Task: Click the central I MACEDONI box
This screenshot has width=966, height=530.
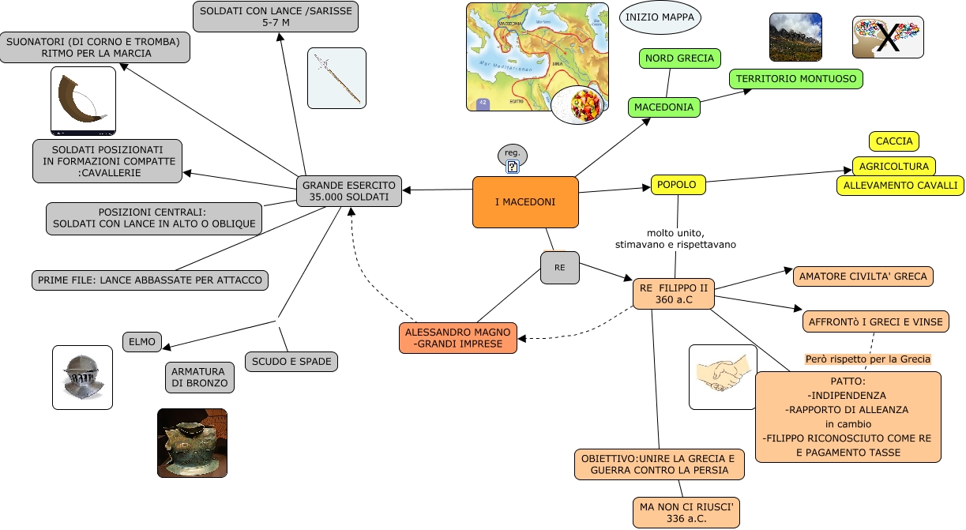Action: tap(525, 202)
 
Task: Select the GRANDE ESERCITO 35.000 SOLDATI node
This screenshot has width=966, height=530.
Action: tap(349, 190)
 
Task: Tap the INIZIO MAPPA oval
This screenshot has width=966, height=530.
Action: tap(660, 17)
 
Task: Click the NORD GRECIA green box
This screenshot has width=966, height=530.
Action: tap(678, 58)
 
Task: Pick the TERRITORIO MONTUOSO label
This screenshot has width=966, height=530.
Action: tap(796, 79)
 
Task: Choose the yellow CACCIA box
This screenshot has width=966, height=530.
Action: tap(894, 141)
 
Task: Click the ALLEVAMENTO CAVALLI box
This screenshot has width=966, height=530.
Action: tap(900, 186)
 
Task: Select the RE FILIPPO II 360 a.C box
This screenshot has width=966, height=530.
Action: tap(674, 294)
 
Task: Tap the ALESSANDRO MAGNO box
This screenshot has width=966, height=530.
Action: tap(459, 338)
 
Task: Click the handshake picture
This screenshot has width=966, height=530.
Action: tap(724, 377)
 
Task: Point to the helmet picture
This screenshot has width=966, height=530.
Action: tap(82, 378)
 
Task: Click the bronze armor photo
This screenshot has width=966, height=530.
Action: tap(192, 443)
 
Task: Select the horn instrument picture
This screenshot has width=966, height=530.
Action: tap(83, 100)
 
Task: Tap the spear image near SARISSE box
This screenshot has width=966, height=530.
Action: tap(336, 77)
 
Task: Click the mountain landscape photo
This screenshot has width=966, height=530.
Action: tap(795, 36)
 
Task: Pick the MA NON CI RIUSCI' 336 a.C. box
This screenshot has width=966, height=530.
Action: tap(686, 513)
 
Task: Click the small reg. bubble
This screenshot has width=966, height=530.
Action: tap(512, 152)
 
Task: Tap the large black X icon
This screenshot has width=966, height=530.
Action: tap(888, 37)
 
